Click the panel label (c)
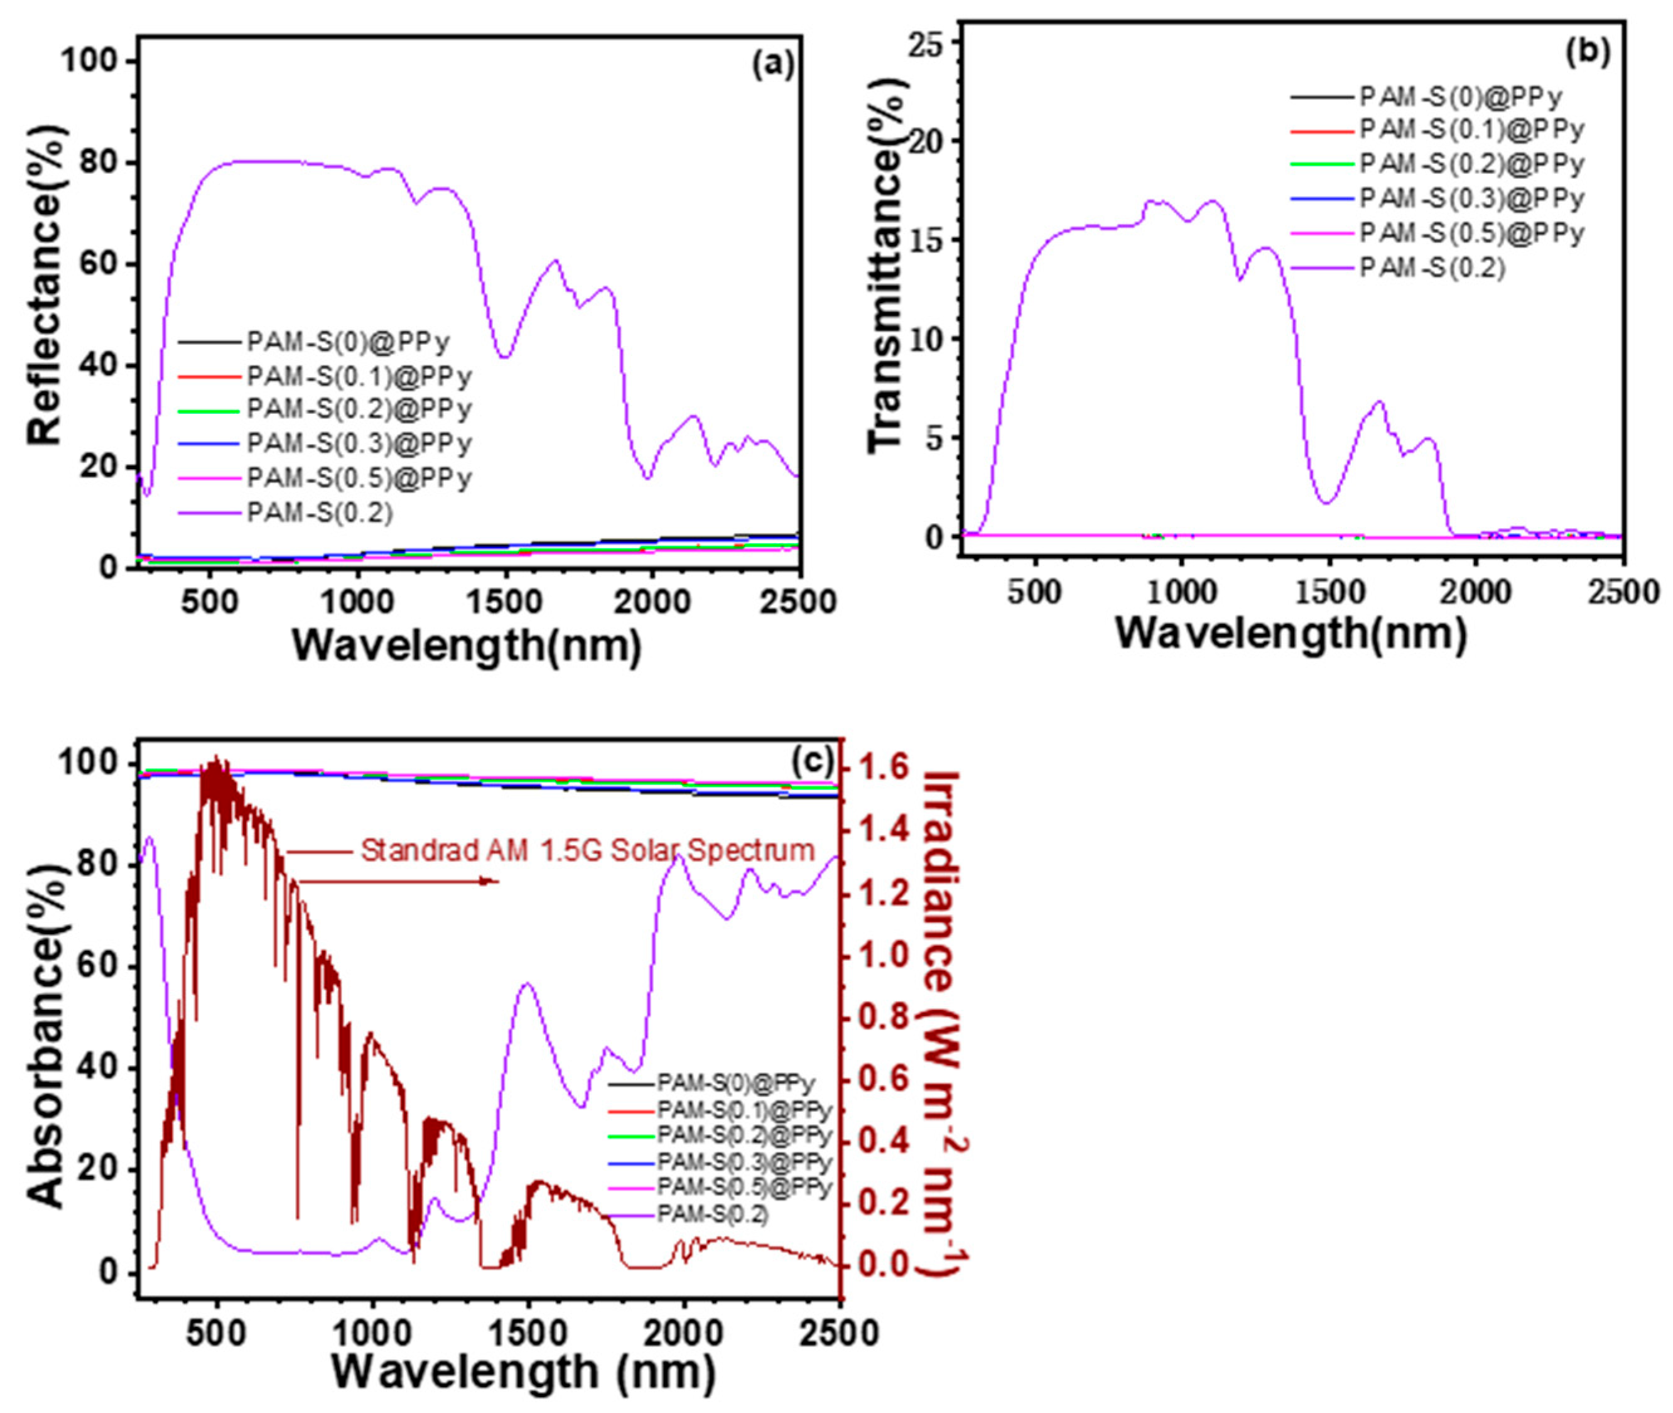tap(812, 761)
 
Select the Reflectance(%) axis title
tap(46, 285)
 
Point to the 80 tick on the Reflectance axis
tap(99, 163)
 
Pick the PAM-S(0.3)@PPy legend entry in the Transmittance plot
tap(1471, 198)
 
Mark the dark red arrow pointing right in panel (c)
tap(401, 881)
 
